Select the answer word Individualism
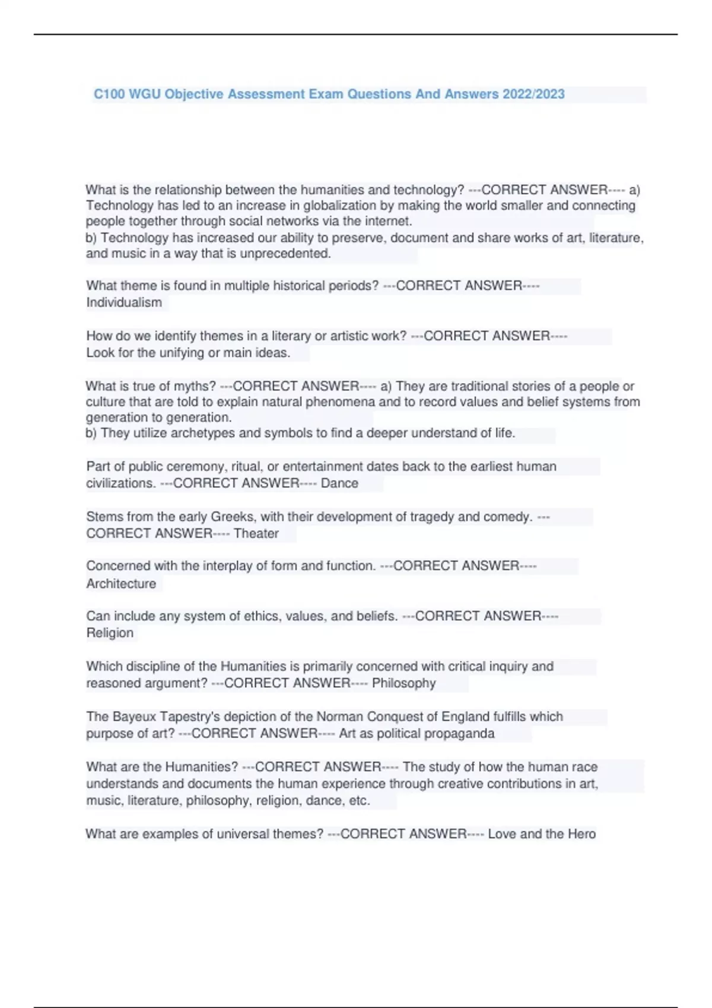click(124, 302)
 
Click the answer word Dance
click(339, 483)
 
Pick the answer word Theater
click(256, 534)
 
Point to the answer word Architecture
click(121, 584)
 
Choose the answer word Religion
click(110, 633)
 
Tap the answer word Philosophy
click(403, 683)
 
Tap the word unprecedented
click(285, 254)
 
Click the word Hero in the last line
click(581, 834)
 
